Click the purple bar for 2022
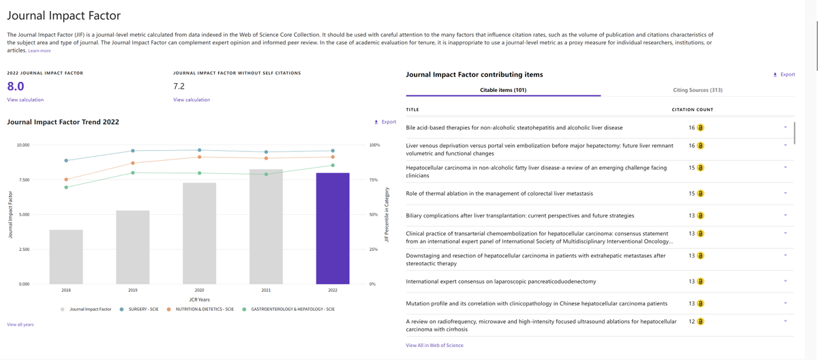[x=333, y=228]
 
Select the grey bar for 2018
[x=66, y=257]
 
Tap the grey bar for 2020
[x=199, y=233]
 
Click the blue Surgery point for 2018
[x=66, y=161]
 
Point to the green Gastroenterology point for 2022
[x=333, y=165]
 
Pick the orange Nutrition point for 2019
[x=133, y=163]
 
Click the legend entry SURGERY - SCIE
[x=143, y=310]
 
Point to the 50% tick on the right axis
[x=374, y=215]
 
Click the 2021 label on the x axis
[x=266, y=290]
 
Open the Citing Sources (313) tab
[x=697, y=90]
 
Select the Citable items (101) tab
[x=503, y=90]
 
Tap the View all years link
[x=20, y=325]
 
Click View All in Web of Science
[x=434, y=346]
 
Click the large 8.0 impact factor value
[x=16, y=87]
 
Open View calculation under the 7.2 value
[x=192, y=100]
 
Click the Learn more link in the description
[x=40, y=51]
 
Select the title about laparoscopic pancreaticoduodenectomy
[x=500, y=282]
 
